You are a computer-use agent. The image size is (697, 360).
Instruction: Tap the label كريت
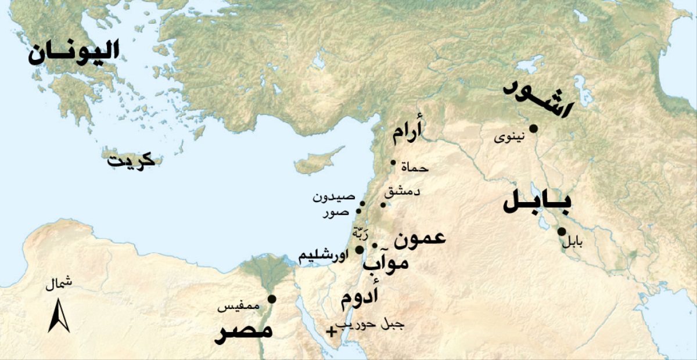click(x=131, y=160)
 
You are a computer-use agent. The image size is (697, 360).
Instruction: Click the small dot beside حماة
click(x=393, y=163)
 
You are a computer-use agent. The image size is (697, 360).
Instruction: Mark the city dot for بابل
click(x=562, y=232)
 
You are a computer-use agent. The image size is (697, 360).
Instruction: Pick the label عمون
click(x=419, y=238)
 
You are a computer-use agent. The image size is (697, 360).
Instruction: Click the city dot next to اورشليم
click(x=360, y=250)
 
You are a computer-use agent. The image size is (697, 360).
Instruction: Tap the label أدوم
click(x=359, y=297)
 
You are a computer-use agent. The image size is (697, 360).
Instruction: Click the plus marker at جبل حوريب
click(x=331, y=332)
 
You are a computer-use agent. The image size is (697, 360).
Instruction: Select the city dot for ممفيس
click(x=271, y=299)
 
